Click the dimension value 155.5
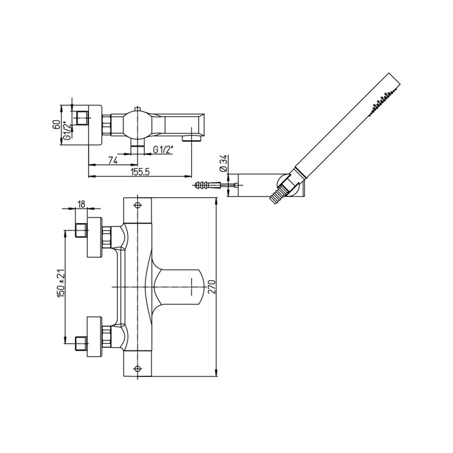(140, 172)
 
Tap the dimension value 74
(113, 160)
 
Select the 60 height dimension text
(57, 125)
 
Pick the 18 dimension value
(81, 204)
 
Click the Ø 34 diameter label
(224, 163)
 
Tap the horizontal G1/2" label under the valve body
(163, 149)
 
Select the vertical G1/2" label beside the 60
(67, 130)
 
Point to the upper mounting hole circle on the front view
(137, 205)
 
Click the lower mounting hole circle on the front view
(137, 368)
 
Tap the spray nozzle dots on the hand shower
(381, 102)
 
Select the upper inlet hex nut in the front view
(106, 237)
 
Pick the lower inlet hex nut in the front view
(106, 336)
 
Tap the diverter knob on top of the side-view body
(138, 109)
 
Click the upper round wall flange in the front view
(95, 237)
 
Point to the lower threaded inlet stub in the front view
(81, 343)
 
